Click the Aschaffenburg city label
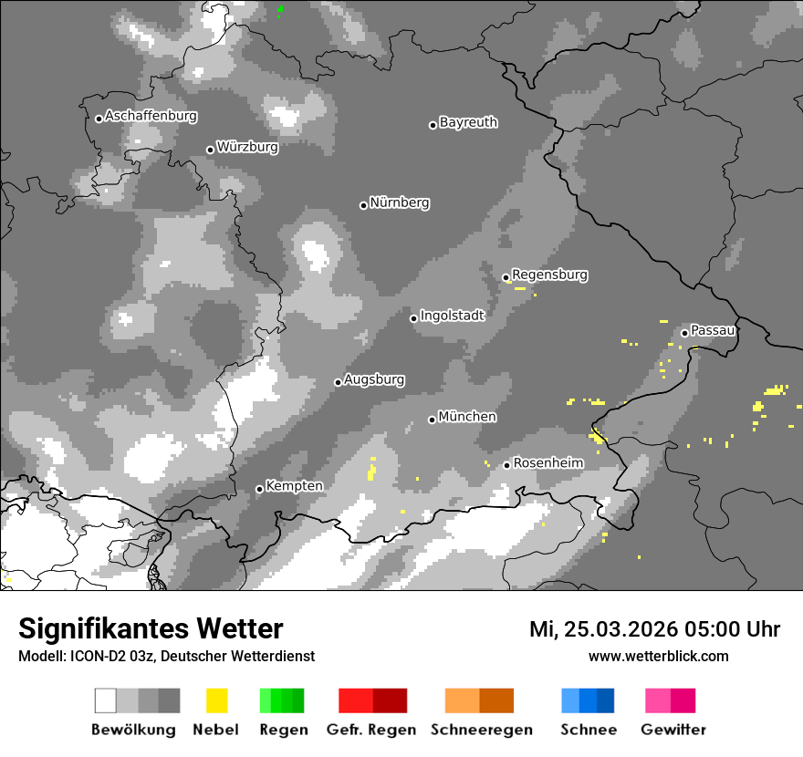click(151, 117)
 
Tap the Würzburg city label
click(247, 147)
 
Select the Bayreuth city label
click(468, 122)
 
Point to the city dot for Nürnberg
click(363, 205)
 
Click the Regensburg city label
click(549, 275)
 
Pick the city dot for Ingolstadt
click(413, 318)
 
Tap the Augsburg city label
click(374, 379)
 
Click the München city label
click(467, 417)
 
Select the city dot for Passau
click(684, 333)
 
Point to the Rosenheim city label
click(547, 463)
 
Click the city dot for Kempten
click(259, 489)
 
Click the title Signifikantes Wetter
click(151, 629)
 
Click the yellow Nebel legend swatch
click(216, 700)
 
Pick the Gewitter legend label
click(673, 730)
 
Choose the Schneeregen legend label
click(481, 730)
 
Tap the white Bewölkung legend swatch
click(106, 700)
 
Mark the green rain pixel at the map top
click(279, 10)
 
